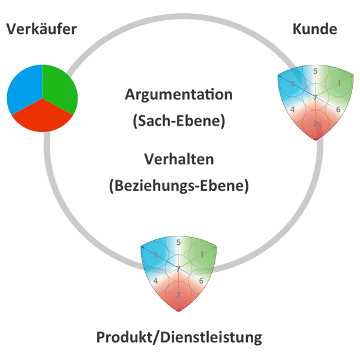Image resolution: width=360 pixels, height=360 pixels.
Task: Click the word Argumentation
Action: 178,94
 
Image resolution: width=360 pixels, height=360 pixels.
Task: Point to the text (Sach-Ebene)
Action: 178,121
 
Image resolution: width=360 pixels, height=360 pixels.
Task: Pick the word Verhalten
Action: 179,160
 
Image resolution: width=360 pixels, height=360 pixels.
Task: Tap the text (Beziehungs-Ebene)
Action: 179,185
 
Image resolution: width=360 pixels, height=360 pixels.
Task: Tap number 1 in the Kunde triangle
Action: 338,83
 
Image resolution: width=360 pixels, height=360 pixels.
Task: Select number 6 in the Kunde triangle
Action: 338,110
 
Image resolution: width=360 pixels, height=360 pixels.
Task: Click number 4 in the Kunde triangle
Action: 292,110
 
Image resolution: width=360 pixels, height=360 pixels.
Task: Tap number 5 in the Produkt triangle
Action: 178,242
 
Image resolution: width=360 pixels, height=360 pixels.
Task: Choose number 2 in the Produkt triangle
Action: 178,295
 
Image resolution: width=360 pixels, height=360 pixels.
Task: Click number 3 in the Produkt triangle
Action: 155,255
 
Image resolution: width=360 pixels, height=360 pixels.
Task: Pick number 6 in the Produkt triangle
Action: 202,281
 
